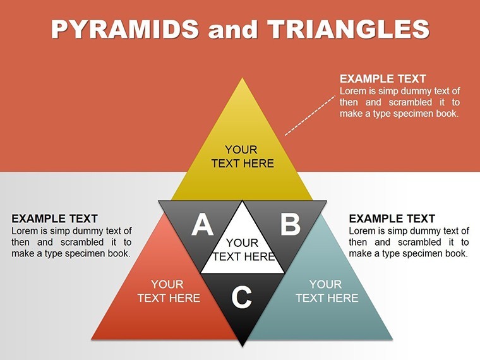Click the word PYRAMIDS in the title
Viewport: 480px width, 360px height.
pyautogui.click(x=125, y=29)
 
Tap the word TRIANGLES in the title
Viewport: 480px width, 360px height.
pyautogui.click(x=349, y=29)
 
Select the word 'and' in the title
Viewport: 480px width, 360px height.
pyautogui.click(x=232, y=30)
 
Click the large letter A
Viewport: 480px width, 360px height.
pyautogui.click(x=202, y=225)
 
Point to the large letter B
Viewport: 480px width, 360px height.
pyautogui.click(x=290, y=224)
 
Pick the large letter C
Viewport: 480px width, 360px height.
pyautogui.click(x=241, y=297)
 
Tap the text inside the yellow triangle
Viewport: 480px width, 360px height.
pyautogui.click(x=243, y=157)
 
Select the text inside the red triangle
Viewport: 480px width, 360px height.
pyautogui.click(x=169, y=291)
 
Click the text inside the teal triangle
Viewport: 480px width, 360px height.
pyautogui.click(x=327, y=291)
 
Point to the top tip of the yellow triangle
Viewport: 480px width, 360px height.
pyautogui.click(x=242, y=78)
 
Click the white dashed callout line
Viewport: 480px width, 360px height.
pyautogui.click(x=310, y=116)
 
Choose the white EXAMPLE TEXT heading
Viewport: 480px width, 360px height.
pyautogui.click(x=383, y=79)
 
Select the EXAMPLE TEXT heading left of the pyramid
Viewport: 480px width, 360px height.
pyautogui.click(x=54, y=219)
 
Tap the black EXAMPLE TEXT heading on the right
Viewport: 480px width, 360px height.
pyautogui.click(x=392, y=219)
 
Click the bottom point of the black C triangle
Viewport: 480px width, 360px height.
pyautogui.click(x=243, y=346)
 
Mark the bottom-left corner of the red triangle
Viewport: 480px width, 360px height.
pyautogui.click(x=92, y=339)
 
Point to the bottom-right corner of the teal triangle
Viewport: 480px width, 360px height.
pyautogui.click(x=392, y=339)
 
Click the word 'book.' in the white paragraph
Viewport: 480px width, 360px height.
pyautogui.click(x=448, y=114)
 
